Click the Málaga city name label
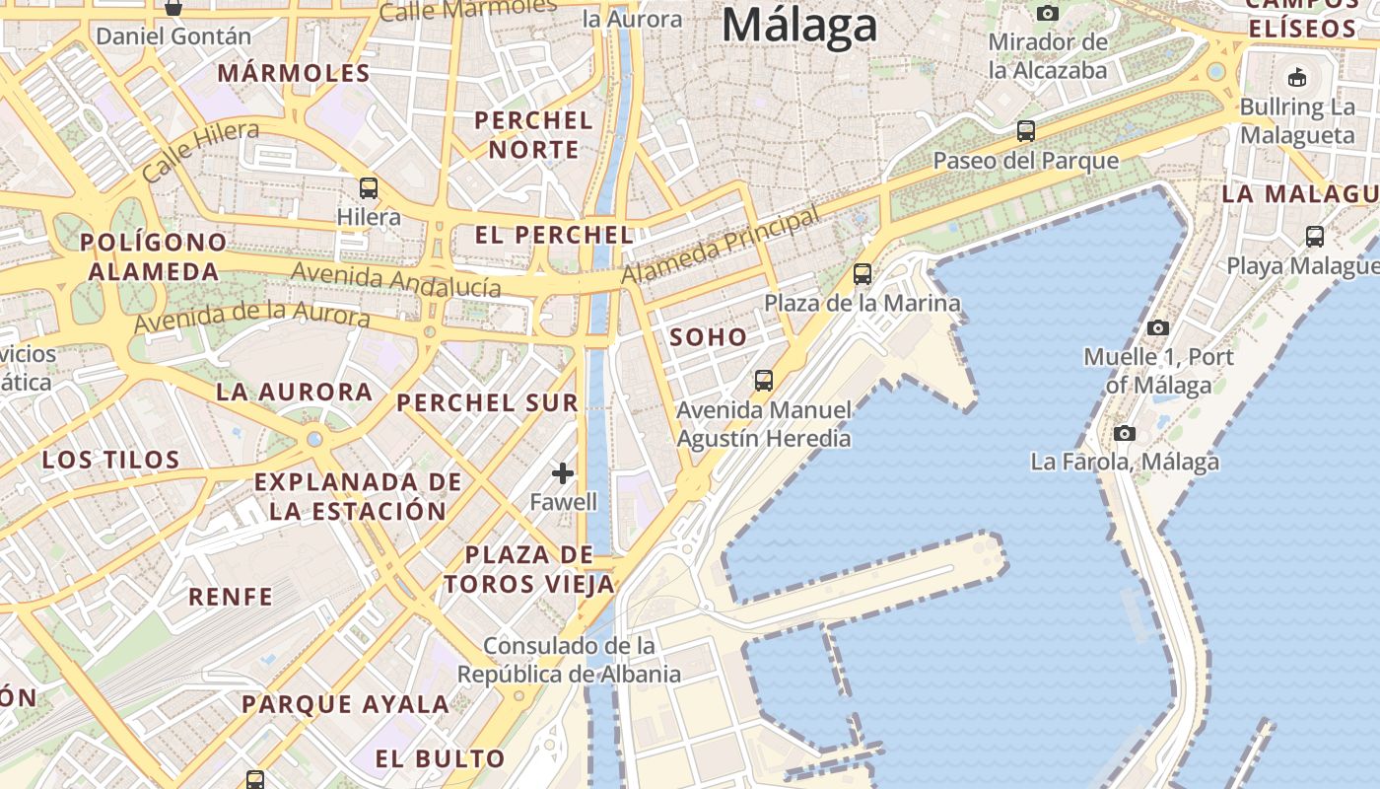click(x=799, y=26)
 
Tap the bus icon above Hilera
click(x=369, y=187)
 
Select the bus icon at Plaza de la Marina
click(x=862, y=274)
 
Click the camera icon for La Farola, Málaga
click(x=1125, y=433)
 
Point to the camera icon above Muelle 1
click(x=1158, y=327)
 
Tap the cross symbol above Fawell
click(x=563, y=474)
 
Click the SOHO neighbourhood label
click(x=709, y=337)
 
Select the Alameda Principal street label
click(x=721, y=246)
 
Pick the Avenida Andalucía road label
click(x=396, y=280)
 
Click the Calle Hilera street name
click(x=201, y=150)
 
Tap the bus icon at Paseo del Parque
click(x=1026, y=130)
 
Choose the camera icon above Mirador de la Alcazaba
click(x=1048, y=13)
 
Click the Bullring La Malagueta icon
click(x=1297, y=77)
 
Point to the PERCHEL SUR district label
click(x=487, y=402)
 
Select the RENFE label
click(x=231, y=597)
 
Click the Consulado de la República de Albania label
click(x=570, y=660)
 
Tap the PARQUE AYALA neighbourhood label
click(x=346, y=704)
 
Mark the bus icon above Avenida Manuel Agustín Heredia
click(x=763, y=380)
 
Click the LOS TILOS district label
click(x=111, y=460)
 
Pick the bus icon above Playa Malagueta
click(x=1315, y=237)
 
